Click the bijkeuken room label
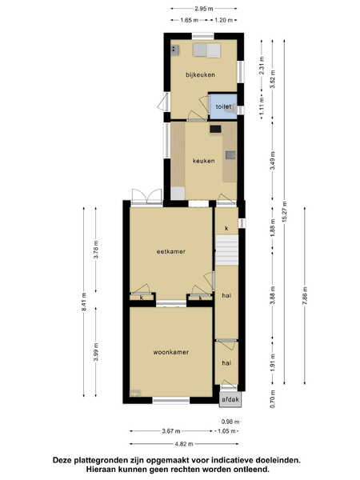pyautogui.click(x=200, y=74)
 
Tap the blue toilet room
pyautogui.click(x=223, y=106)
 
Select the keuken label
pyautogui.click(x=203, y=161)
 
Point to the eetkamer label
pyautogui.click(x=171, y=252)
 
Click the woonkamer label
pyautogui.click(x=171, y=352)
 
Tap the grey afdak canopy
pyautogui.click(x=230, y=399)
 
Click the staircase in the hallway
pyautogui.click(x=227, y=250)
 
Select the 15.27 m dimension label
pyautogui.click(x=285, y=211)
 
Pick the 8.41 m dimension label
pyautogui.click(x=84, y=302)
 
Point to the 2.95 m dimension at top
pyautogui.click(x=204, y=9)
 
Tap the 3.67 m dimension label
pyautogui.click(x=171, y=431)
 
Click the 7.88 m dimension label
pyautogui.click(x=305, y=296)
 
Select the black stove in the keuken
pyautogui.click(x=215, y=129)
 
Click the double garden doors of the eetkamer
pyautogui.click(x=146, y=197)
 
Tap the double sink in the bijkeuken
pyautogui.click(x=206, y=50)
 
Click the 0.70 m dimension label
pyautogui.click(x=273, y=399)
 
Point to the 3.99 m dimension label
pyautogui.click(x=96, y=352)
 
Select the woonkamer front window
pyautogui.click(x=171, y=400)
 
